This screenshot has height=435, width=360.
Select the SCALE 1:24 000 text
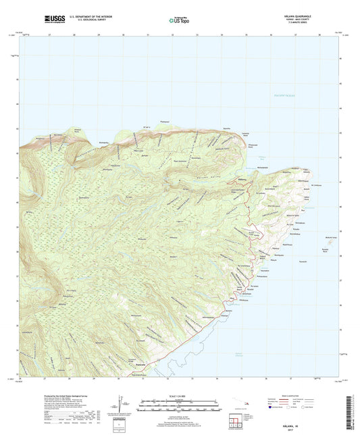point(180,394)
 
